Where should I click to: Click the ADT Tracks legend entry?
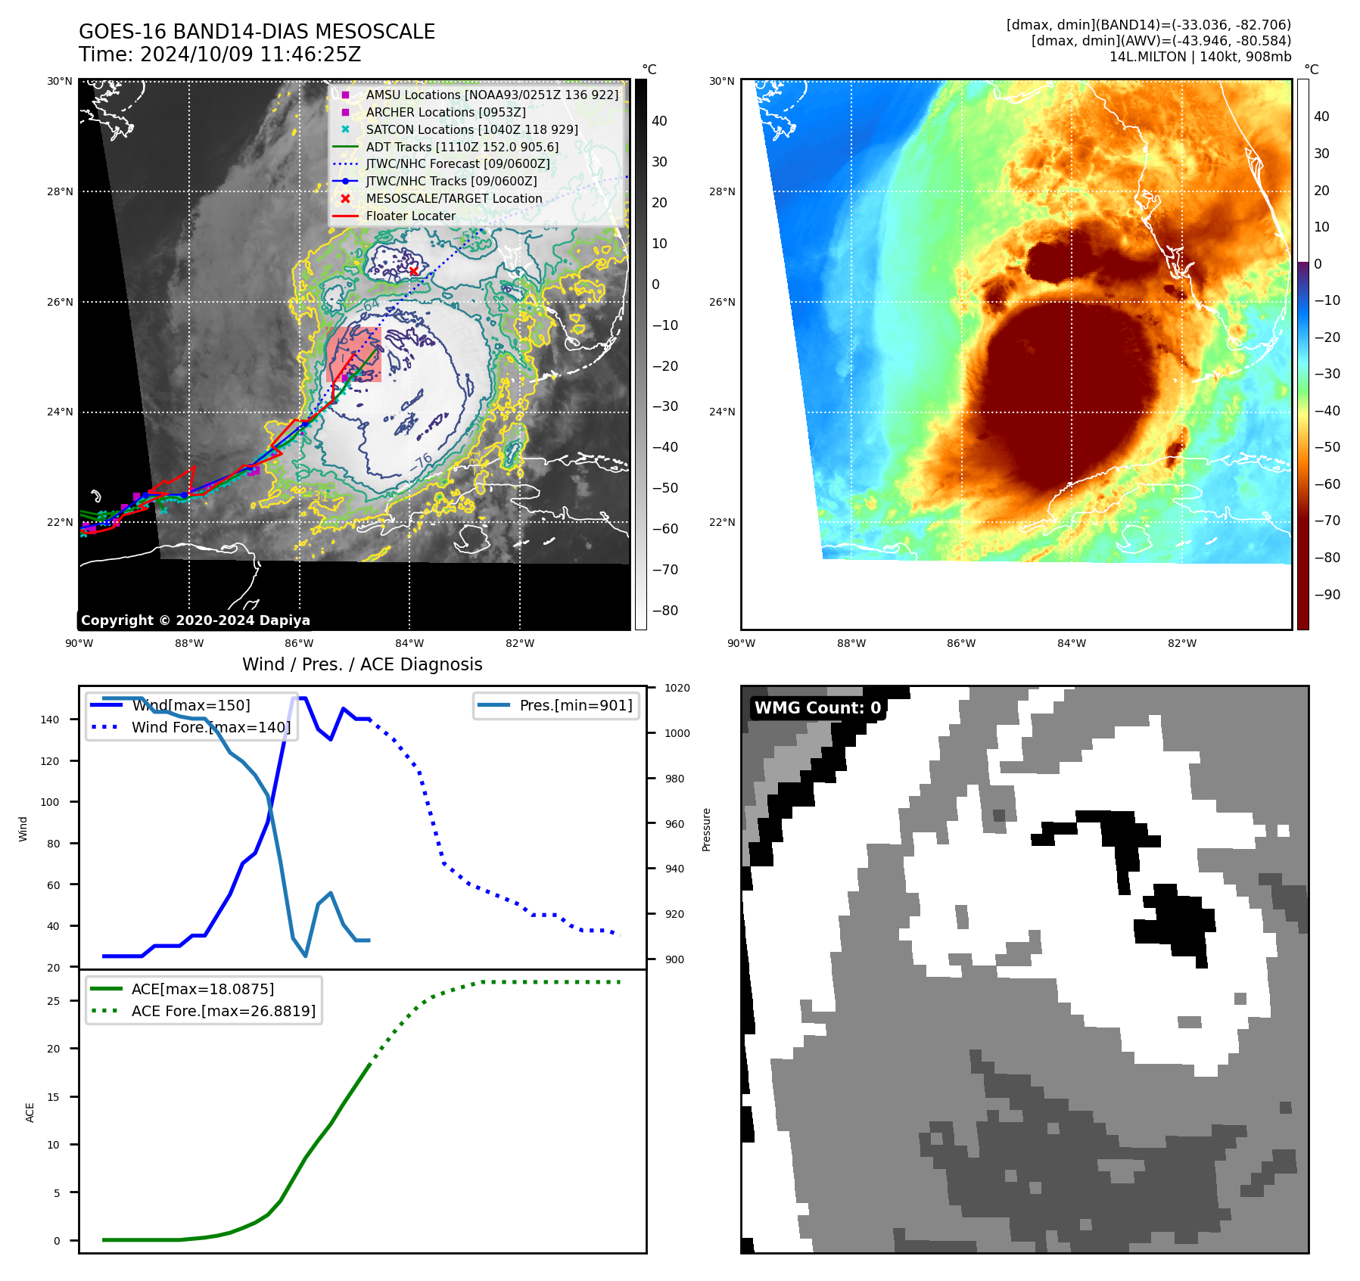tap(462, 147)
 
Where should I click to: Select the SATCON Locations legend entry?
tap(471, 129)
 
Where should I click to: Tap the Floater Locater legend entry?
tap(410, 216)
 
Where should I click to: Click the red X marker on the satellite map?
tap(413, 272)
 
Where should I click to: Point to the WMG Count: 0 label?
tap(817, 708)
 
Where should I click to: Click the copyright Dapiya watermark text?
tap(195, 620)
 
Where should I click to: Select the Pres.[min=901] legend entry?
tap(575, 705)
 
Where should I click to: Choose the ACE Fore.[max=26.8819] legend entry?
tap(223, 1011)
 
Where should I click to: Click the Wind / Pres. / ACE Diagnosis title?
tap(362, 664)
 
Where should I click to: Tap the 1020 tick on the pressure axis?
tap(677, 688)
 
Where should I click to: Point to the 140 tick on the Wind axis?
tap(50, 720)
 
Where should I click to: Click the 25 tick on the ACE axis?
tap(54, 1001)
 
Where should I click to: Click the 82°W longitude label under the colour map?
tap(1181, 643)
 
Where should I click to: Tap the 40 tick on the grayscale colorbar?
tap(659, 121)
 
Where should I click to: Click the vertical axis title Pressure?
tap(706, 829)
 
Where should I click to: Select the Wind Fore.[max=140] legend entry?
tap(210, 727)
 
